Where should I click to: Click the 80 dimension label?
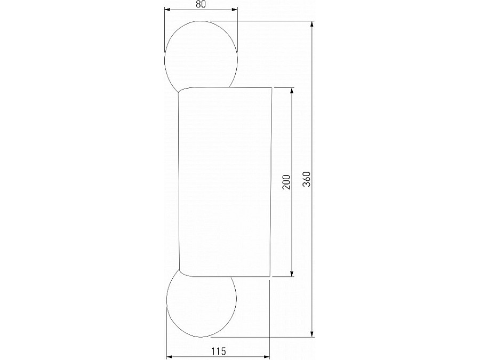tap(201, 4)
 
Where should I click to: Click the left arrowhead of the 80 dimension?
tap(167, 10)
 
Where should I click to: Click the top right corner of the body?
tap(273, 87)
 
